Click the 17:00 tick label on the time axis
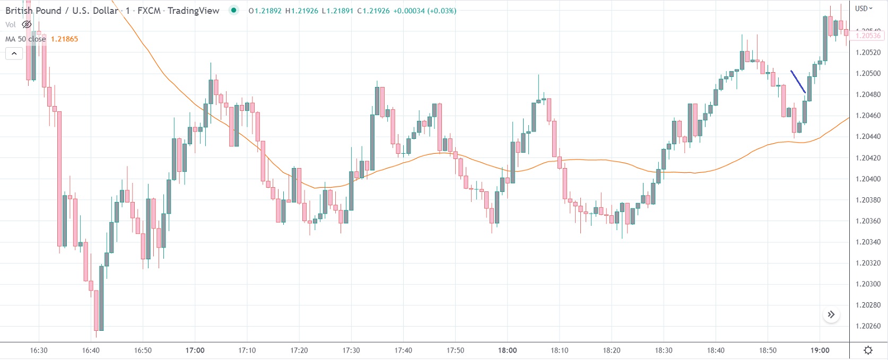point(195,350)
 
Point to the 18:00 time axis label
point(507,350)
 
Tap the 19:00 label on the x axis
point(820,350)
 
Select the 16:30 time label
point(39,350)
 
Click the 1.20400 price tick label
point(868,179)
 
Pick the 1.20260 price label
point(868,327)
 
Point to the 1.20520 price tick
point(868,52)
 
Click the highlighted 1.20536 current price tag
point(868,36)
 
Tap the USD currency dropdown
point(864,8)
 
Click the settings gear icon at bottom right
point(868,350)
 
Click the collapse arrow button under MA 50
point(14,54)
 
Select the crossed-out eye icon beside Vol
point(27,24)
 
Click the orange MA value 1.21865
point(64,39)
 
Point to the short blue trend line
point(798,82)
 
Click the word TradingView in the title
point(193,11)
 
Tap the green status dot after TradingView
point(233,10)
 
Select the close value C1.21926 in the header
point(373,11)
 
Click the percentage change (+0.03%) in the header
point(441,11)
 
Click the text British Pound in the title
point(33,11)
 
